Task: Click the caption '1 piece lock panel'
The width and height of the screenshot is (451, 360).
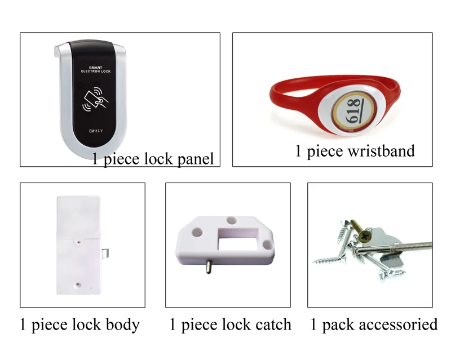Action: (x=153, y=159)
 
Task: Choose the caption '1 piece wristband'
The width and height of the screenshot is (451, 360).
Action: (x=355, y=150)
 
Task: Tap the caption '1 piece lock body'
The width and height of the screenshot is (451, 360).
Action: (x=79, y=325)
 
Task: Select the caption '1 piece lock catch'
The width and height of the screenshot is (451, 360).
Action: (x=231, y=325)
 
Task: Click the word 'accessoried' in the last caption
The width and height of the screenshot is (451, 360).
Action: (x=397, y=325)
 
